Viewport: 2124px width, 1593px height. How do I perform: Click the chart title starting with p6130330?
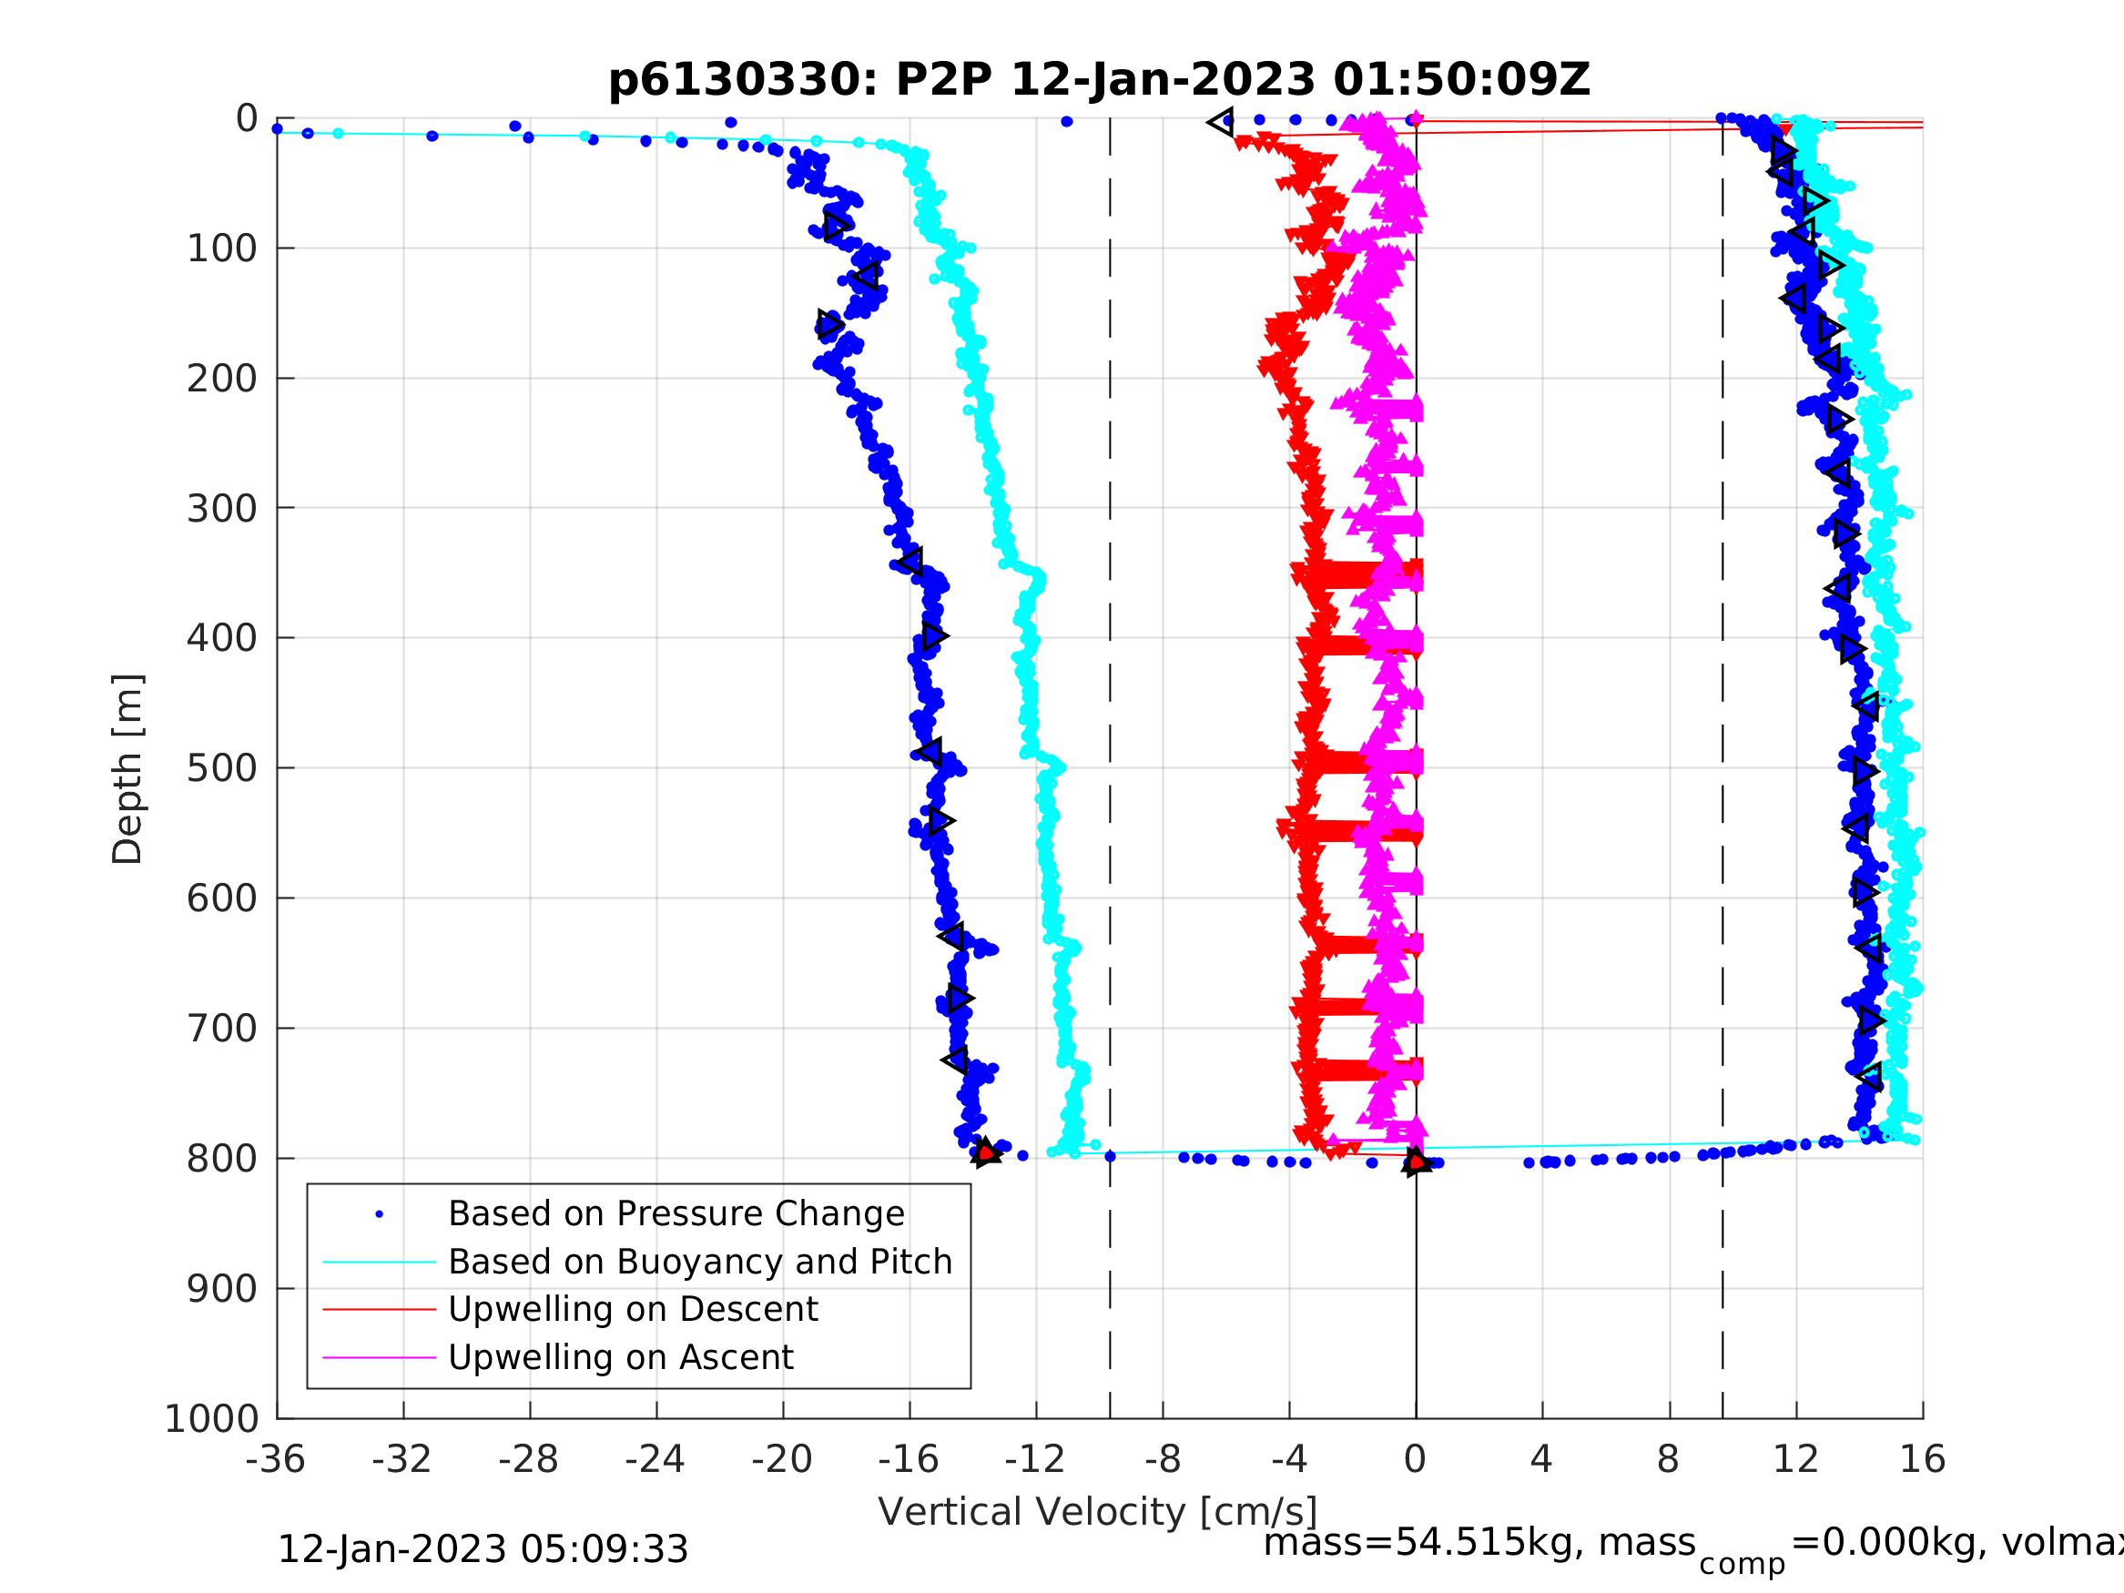1099,80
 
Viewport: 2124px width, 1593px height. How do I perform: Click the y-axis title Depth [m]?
127,768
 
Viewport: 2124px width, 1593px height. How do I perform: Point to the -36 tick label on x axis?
276,1459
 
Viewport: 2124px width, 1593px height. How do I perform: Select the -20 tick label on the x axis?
782,1459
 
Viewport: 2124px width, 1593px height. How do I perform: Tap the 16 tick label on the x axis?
1923,1459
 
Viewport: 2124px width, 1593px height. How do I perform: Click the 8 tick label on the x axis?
1668,1459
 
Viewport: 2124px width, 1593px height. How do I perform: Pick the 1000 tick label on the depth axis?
211,1419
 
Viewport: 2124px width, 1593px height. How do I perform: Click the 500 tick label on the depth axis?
222,768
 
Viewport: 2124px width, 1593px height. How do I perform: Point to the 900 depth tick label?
222,1289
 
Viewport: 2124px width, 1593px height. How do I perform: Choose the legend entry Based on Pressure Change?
676,1213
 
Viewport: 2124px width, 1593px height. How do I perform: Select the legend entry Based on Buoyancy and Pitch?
700,1262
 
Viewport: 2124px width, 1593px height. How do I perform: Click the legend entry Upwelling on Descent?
633,1309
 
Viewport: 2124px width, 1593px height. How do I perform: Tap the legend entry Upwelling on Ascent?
620,1357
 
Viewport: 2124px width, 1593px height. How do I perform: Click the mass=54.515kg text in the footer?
1479,1543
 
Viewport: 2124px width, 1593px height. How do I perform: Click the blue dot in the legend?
380,1214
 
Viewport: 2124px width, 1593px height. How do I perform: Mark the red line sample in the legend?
380,1309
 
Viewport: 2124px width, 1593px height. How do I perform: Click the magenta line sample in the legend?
380,1357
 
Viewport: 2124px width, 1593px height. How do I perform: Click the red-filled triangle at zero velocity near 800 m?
1417,1162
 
